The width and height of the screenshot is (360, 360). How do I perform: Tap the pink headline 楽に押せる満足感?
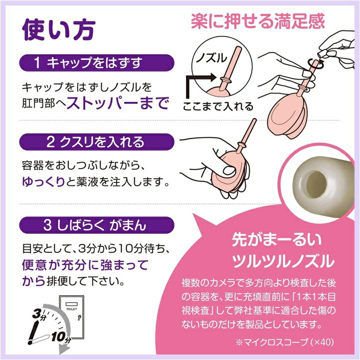[x=257, y=21]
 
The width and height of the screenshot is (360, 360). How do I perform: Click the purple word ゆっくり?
[x=43, y=181]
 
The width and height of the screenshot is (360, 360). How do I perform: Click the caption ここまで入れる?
[x=217, y=106]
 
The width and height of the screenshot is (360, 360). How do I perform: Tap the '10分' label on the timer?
[x=59, y=337]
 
